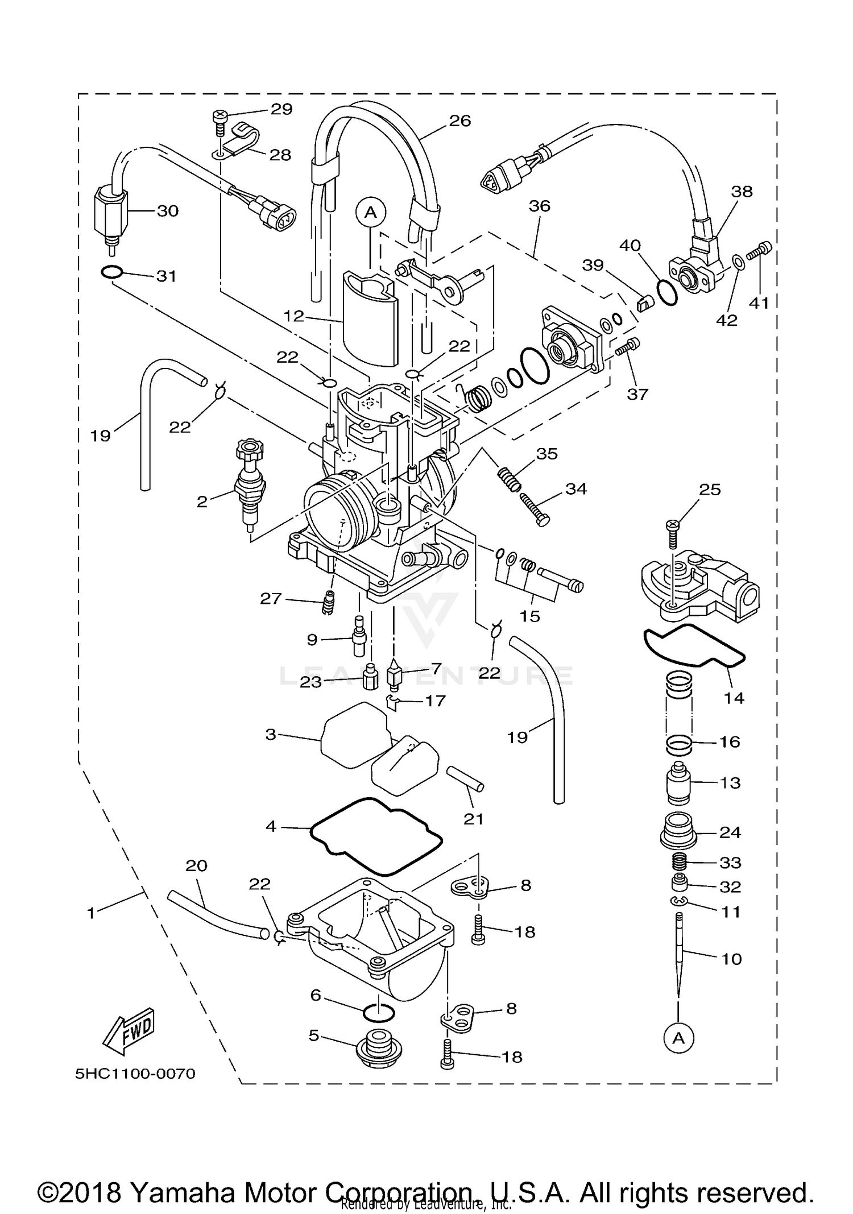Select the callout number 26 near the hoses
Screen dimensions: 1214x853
(x=460, y=121)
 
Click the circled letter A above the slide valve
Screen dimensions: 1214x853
(x=370, y=212)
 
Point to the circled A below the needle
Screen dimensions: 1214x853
(x=678, y=1038)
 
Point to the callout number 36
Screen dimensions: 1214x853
(x=539, y=206)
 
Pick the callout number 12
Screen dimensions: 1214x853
(x=294, y=316)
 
